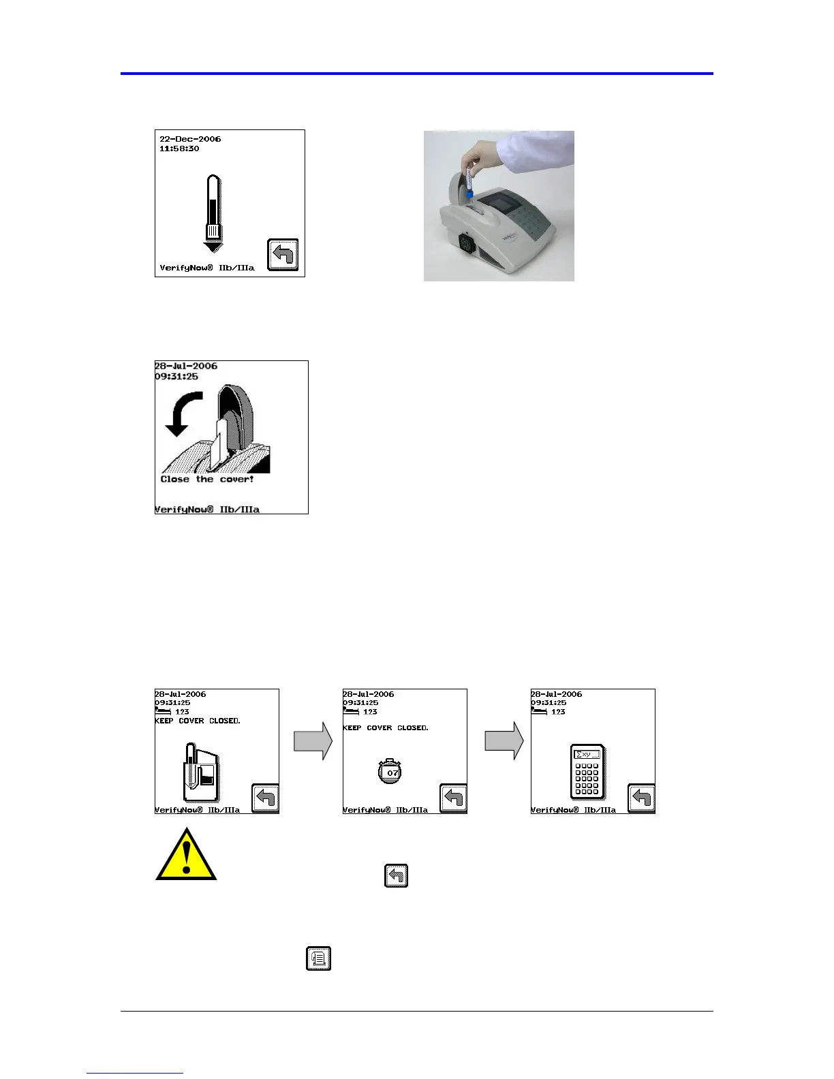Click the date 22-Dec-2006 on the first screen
point(190,139)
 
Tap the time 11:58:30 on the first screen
point(179,148)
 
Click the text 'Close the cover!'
point(207,480)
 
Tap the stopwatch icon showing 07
point(390,772)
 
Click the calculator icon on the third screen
point(587,772)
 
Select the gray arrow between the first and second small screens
point(313,741)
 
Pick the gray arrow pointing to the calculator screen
point(504,741)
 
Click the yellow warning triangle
point(186,856)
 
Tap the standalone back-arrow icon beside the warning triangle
point(397,875)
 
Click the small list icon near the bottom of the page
point(319,958)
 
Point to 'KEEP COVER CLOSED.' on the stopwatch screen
point(386,728)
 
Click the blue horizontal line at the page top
point(417,73)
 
